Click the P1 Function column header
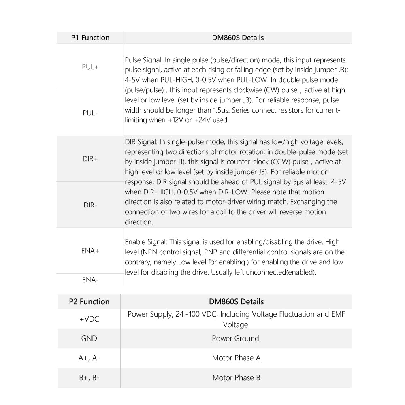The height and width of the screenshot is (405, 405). pos(90,38)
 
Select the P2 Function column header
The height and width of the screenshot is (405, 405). pos(89,302)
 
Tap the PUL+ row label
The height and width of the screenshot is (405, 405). pos(90,67)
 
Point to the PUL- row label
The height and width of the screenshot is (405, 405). pos(90,113)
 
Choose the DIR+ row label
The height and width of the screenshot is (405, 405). pos(90,159)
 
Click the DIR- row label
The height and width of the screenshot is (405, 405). pos(90,205)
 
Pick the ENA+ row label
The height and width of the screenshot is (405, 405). pos(90,251)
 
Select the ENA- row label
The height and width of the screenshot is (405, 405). pos(90,279)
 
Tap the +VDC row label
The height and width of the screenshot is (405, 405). pos(89,319)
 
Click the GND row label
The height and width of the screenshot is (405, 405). pos(89,339)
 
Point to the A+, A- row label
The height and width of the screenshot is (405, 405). pos(89,358)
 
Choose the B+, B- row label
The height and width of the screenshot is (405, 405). pos(89,378)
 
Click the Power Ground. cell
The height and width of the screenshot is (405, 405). pos(236,339)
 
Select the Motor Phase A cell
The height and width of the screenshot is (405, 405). pos(236,358)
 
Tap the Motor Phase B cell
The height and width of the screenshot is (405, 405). pos(236,378)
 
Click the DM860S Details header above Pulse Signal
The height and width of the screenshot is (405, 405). pos(238,38)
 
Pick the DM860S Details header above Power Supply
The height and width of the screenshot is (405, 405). pos(236,302)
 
